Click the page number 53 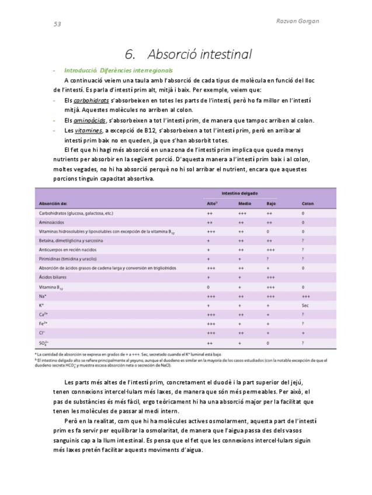(x=57, y=24)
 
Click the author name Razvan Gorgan (x=297, y=21)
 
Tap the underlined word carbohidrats (x=91, y=101)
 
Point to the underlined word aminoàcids (x=90, y=120)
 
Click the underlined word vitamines (x=88, y=130)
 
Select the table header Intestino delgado (x=239, y=193)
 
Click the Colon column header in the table (x=307, y=204)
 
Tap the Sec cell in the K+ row (x=305, y=305)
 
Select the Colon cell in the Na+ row (x=305, y=296)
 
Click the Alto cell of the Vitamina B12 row (x=208, y=287)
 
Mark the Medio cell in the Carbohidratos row (x=242, y=213)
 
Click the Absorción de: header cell (x=53, y=204)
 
